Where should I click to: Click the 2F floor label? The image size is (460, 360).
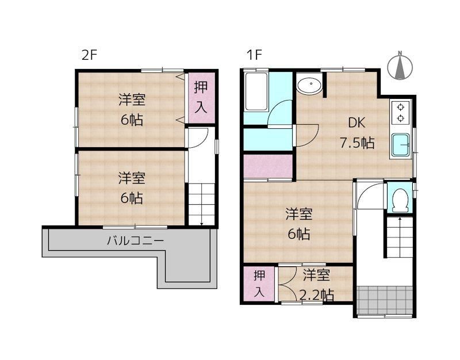click(x=89, y=55)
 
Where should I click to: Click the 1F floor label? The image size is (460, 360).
click(x=254, y=55)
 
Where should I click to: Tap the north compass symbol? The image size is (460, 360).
click(x=400, y=66)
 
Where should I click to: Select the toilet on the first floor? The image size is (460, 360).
click(x=400, y=200)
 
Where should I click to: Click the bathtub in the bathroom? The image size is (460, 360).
click(x=256, y=91)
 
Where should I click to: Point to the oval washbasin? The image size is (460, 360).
click(x=309, y=85)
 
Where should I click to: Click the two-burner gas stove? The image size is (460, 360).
click(x=401, y=113)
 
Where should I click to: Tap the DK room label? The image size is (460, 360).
click(x=356, y=123)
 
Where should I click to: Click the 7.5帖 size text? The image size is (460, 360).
click(x=357, y=143)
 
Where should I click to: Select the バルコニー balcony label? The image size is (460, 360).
click(x=135, y=241)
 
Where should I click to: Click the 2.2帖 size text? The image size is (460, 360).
click(x=317, y=295)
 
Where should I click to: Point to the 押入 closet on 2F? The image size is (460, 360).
click(x=201, y=98)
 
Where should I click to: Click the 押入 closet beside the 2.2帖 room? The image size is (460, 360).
click(x=259, y=284)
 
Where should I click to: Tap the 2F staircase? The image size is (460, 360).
click(x=201, y=204)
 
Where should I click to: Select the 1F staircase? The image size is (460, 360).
click(x=399, y=238)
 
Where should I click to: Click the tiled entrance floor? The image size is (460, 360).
click(x=385, y=300)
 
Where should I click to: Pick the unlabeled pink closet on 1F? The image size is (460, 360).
click(x=268, y=166)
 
